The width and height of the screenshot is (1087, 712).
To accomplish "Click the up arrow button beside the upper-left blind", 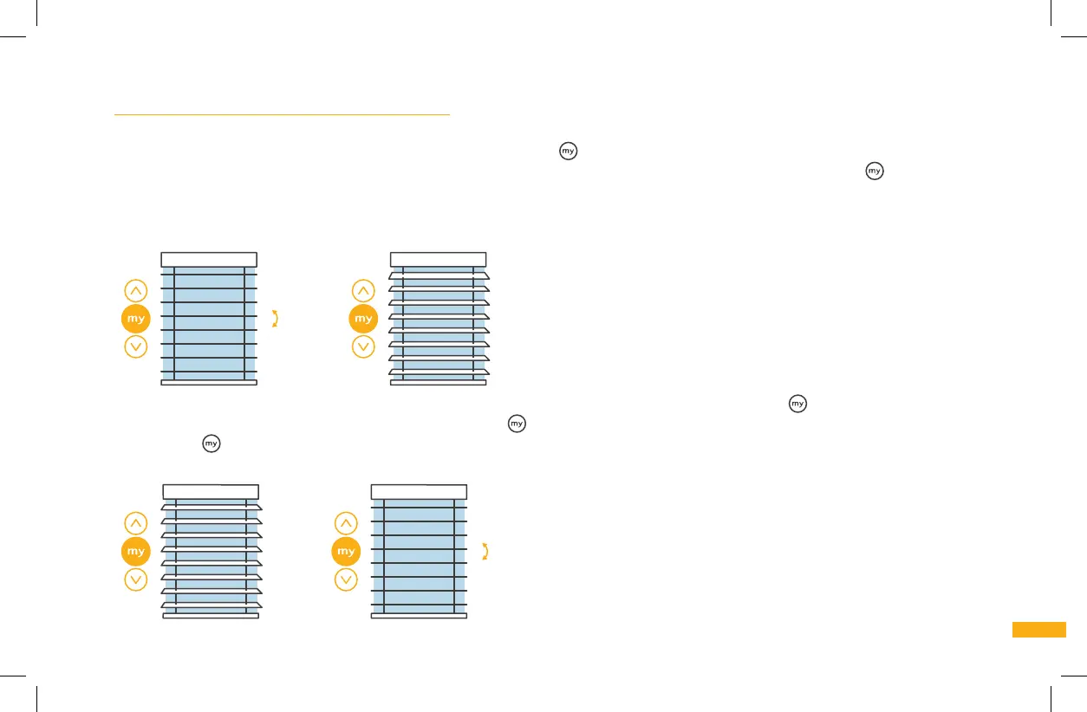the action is [136, 291].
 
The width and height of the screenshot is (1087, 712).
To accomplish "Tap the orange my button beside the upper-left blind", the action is [136, 319].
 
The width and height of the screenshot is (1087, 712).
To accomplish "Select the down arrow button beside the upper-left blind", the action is [136, 347].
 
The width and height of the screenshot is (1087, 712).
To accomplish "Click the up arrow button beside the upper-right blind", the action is [365, 291].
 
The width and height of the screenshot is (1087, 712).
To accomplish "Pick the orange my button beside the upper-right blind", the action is [364, 319].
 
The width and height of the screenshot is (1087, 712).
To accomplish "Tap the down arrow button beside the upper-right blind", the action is [365, 347].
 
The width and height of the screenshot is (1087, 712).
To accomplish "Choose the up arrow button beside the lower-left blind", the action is [136, 523].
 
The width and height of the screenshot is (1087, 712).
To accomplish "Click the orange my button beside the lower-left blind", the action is [136, 551].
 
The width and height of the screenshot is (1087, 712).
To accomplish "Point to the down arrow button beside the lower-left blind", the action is [136, 579].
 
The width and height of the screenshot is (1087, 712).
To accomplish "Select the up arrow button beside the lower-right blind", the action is [346, 523].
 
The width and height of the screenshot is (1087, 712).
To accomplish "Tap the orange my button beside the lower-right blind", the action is [346, 551].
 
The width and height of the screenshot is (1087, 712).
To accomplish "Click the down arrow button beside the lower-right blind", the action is [346, 579].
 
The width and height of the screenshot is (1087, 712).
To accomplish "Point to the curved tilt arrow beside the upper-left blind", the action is [276, 318].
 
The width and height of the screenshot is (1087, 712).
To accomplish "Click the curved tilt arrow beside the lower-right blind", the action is [485, 551].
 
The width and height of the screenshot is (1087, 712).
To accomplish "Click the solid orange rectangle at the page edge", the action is [1038, 630].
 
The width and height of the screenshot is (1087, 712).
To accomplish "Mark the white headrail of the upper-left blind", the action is [209, 259].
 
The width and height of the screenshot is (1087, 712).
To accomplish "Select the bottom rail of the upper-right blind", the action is [439, 382].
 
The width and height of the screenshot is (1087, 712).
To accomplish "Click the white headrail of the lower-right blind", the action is [419, 491].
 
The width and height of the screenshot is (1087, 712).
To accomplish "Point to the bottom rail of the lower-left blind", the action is [212, 616].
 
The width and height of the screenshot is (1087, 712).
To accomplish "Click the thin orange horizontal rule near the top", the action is [283, 113].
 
